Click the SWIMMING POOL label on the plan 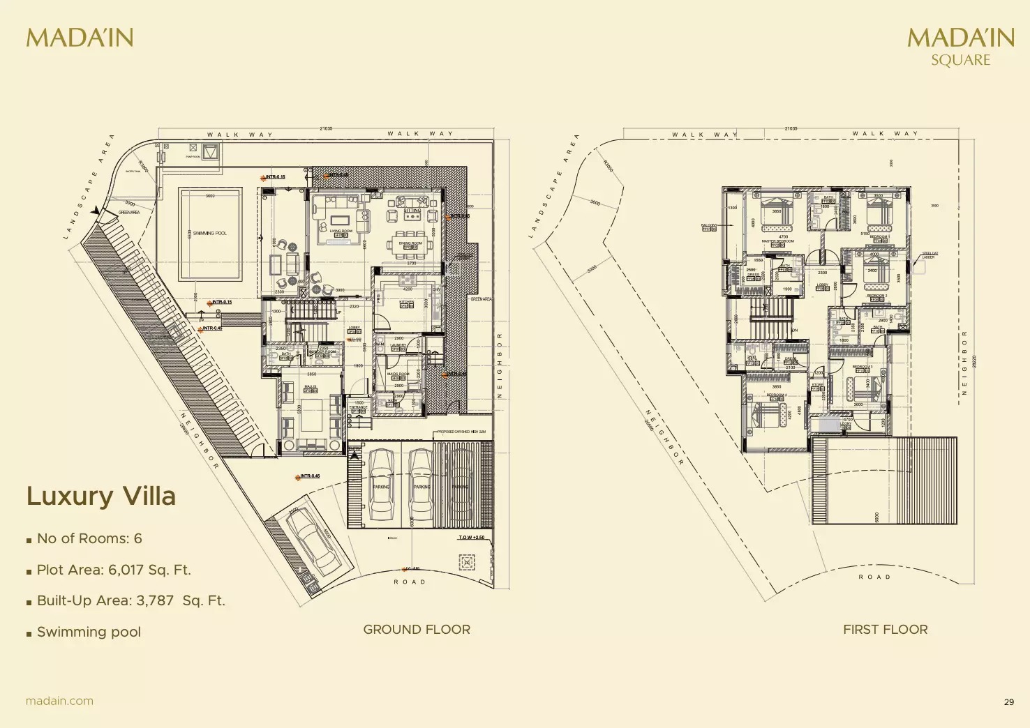209,234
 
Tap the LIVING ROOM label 341,231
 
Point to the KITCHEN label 407,303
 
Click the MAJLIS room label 310,386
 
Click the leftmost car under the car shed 382,485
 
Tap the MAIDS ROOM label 398,374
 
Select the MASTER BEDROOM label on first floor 777,241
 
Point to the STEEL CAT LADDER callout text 929,255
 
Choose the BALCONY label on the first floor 709,225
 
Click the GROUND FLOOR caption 417,630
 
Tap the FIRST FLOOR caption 885,630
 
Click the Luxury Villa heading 101,496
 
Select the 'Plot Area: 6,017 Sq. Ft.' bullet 114,570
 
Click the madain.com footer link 59,701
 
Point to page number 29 1008,702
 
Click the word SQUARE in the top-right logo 960,60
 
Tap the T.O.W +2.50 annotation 471,538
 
